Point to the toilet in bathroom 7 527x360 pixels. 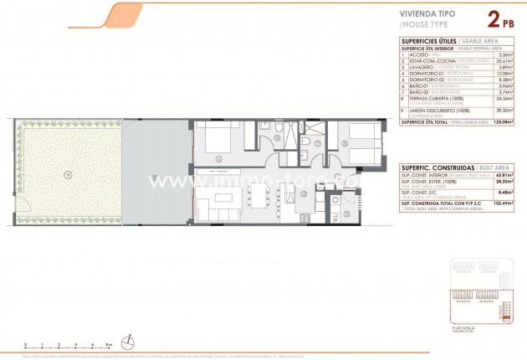[x=305, y=143]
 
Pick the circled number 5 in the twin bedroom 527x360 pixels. [x=345, y=142]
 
